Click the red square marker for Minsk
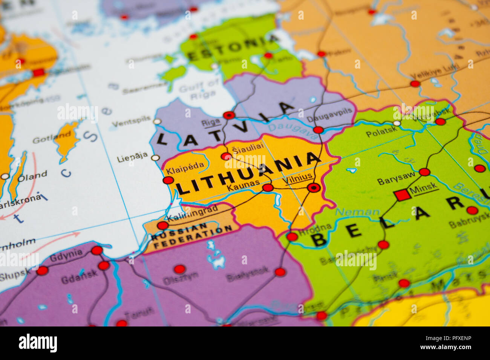tap(402, 195)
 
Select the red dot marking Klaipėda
tap(168, 180)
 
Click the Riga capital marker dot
tap(229, 115)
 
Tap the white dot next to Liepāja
tap(155, 158)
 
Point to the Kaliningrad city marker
tap(162, 226)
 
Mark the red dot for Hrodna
tap(292, 237)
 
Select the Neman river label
tap(357, 212)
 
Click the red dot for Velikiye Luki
tap(415, 84)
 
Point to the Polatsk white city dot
tap(397, 123)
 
